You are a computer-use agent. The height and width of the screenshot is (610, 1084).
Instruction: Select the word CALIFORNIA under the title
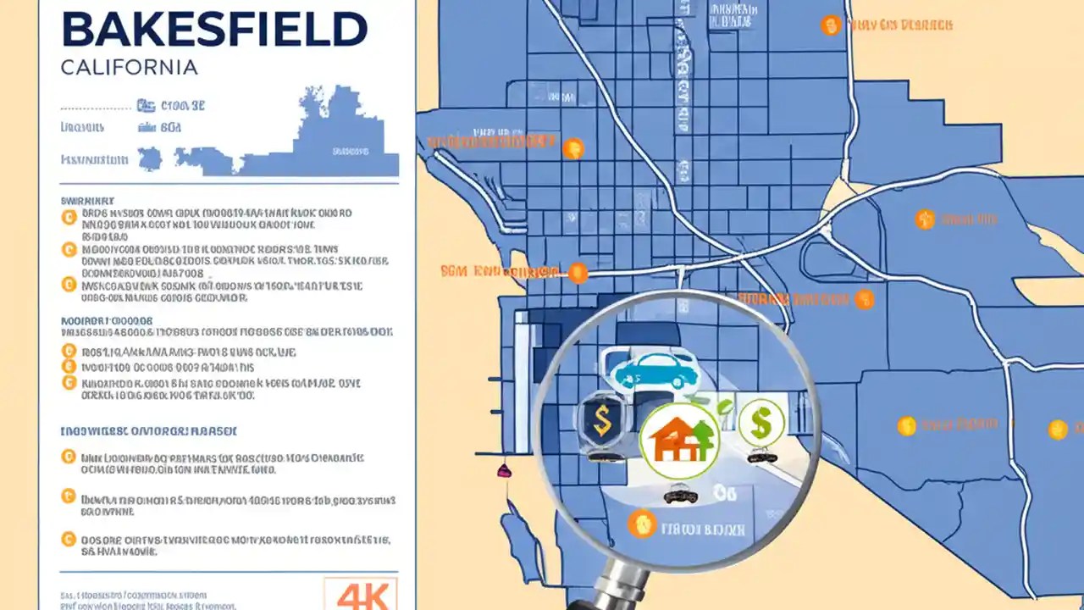[130, 67]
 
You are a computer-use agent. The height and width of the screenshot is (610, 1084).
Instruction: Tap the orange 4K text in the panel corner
[361, 594]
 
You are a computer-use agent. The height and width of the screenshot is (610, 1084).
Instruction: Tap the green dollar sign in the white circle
[761, 421]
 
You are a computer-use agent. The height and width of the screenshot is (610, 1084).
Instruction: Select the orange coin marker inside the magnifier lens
[642, 524]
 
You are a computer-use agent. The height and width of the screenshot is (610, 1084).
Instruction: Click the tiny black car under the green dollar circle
[761, 457]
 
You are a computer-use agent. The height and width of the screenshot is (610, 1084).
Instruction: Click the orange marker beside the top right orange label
[831, 25]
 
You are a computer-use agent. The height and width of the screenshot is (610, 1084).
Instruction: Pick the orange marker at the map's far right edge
[1058, 430]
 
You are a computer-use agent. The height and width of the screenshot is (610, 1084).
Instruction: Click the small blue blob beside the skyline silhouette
[150, 158]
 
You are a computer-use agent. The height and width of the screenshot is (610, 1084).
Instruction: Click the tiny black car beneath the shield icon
[602, 456]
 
